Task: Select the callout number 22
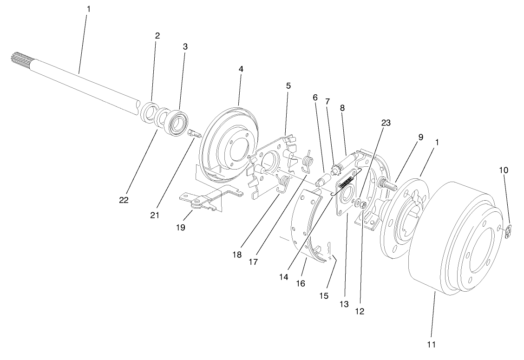[124, 200]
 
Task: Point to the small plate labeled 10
[509, 231]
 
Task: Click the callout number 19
[181, 227]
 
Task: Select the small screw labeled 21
[194, 135]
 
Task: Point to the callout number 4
[241, 68]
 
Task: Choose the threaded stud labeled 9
[388, 183]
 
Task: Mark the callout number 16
[301, 283]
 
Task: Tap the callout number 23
[386, 123]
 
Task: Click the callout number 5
[288, 86]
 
